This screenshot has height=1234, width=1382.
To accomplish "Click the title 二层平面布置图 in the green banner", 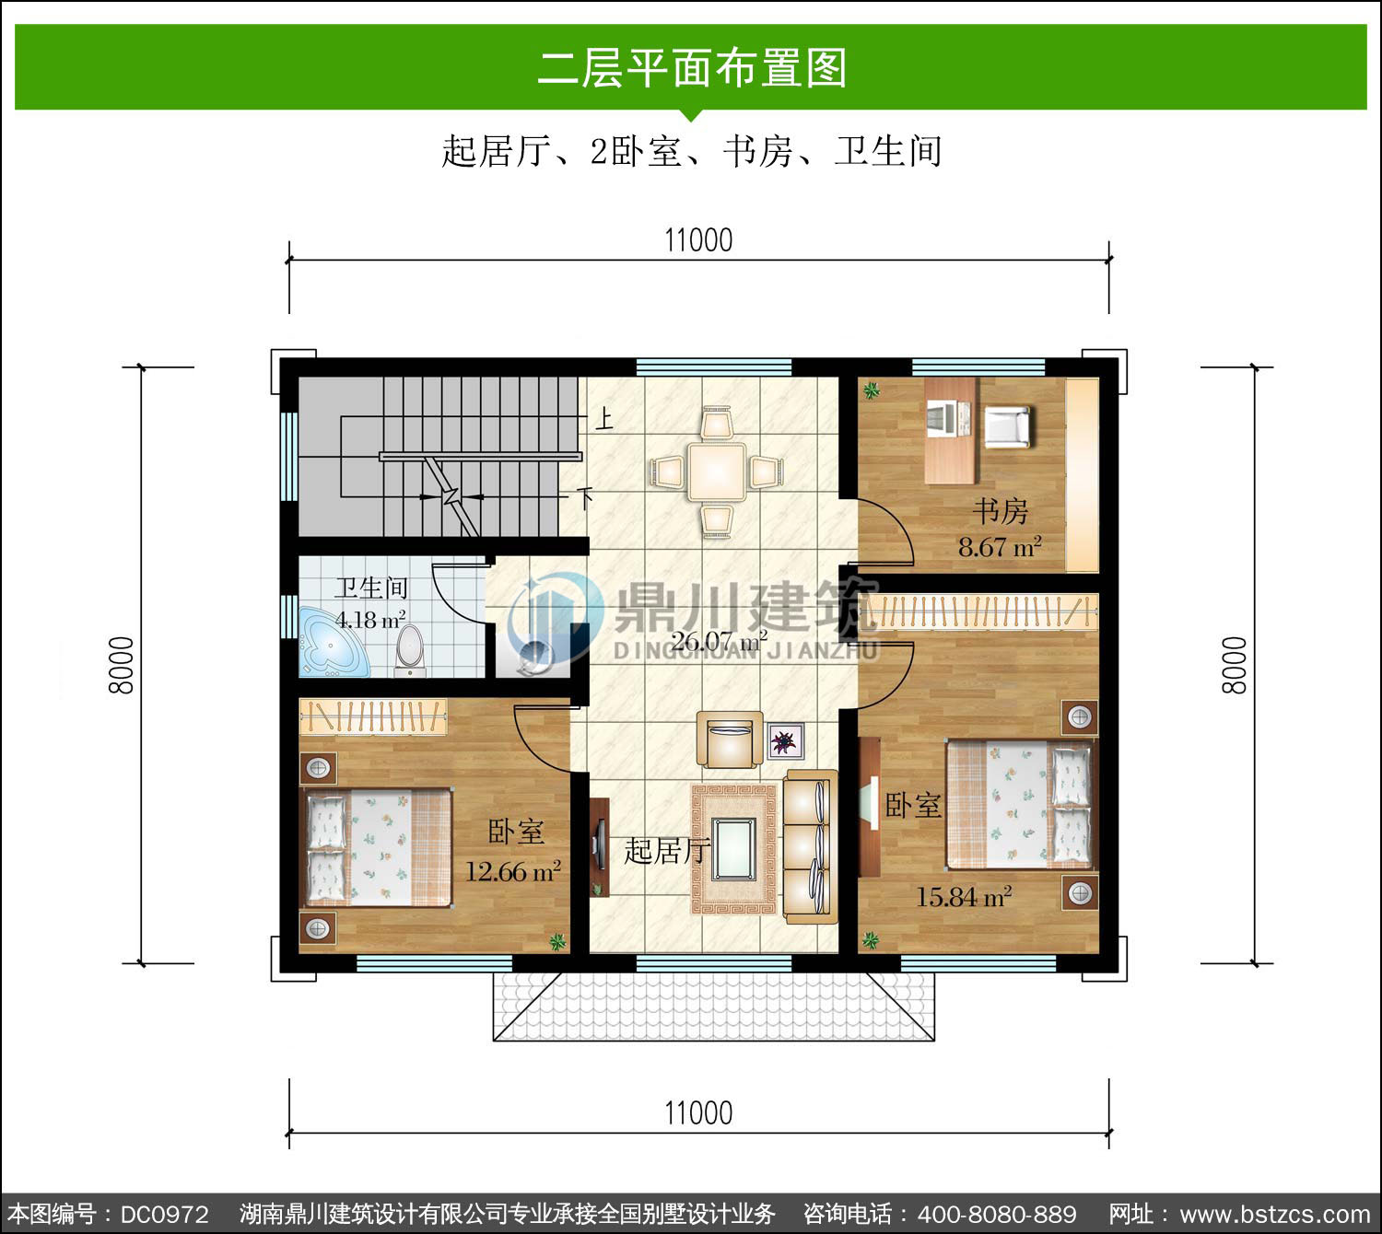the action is (x=692, y=68).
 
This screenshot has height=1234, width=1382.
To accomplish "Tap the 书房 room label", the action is (x=1000, y=511).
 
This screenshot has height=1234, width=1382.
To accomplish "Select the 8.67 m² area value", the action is (x=1000, y=547).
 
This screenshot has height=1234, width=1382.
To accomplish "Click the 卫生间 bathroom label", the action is (x=371, y=588).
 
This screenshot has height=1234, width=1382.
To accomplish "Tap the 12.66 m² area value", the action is (x=513, y=871).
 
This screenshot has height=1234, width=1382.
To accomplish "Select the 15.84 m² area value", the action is (x=963, y=897).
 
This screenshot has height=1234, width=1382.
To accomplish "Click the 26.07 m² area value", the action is (x=719, y=641).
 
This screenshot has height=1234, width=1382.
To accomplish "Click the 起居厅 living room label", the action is (x=667, y=851).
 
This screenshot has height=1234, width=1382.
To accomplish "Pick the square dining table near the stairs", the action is (x=716, y=471).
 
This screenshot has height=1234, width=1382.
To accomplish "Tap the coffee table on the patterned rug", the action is (x=734, y=849).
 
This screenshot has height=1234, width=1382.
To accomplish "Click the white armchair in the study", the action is (x=1007, y=426).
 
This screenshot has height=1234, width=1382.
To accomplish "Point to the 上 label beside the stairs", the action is (x=604, y=419).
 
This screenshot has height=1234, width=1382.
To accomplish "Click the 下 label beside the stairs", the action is (x=585, y=497).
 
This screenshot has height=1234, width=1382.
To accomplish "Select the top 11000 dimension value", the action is (x=698, y=240).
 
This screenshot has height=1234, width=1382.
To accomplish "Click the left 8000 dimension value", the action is (x=122, y=666).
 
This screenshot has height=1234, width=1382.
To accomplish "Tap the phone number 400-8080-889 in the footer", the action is (x=997, y=1215).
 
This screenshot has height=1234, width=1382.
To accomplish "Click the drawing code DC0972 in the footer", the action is (x=164, y=1215).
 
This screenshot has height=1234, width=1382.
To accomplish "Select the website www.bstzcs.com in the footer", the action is (x=1275, y=1215).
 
